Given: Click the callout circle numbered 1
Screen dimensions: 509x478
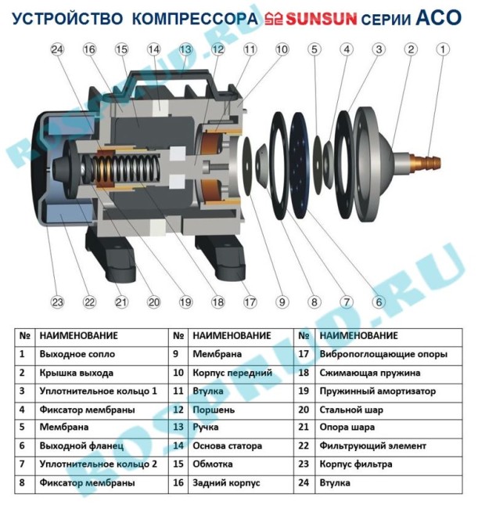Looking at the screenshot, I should [444, 49].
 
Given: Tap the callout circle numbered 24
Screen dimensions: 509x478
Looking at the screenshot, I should [56, 49].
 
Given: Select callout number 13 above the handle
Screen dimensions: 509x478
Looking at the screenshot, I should [185, 49].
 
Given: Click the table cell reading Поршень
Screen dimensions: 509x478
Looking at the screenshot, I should [213, 410].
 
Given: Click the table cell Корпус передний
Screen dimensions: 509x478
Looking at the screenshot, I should [232, 373].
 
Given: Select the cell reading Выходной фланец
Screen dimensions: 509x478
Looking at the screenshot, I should [81, 446].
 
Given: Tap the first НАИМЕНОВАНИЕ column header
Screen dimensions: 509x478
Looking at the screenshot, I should [78, 336].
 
